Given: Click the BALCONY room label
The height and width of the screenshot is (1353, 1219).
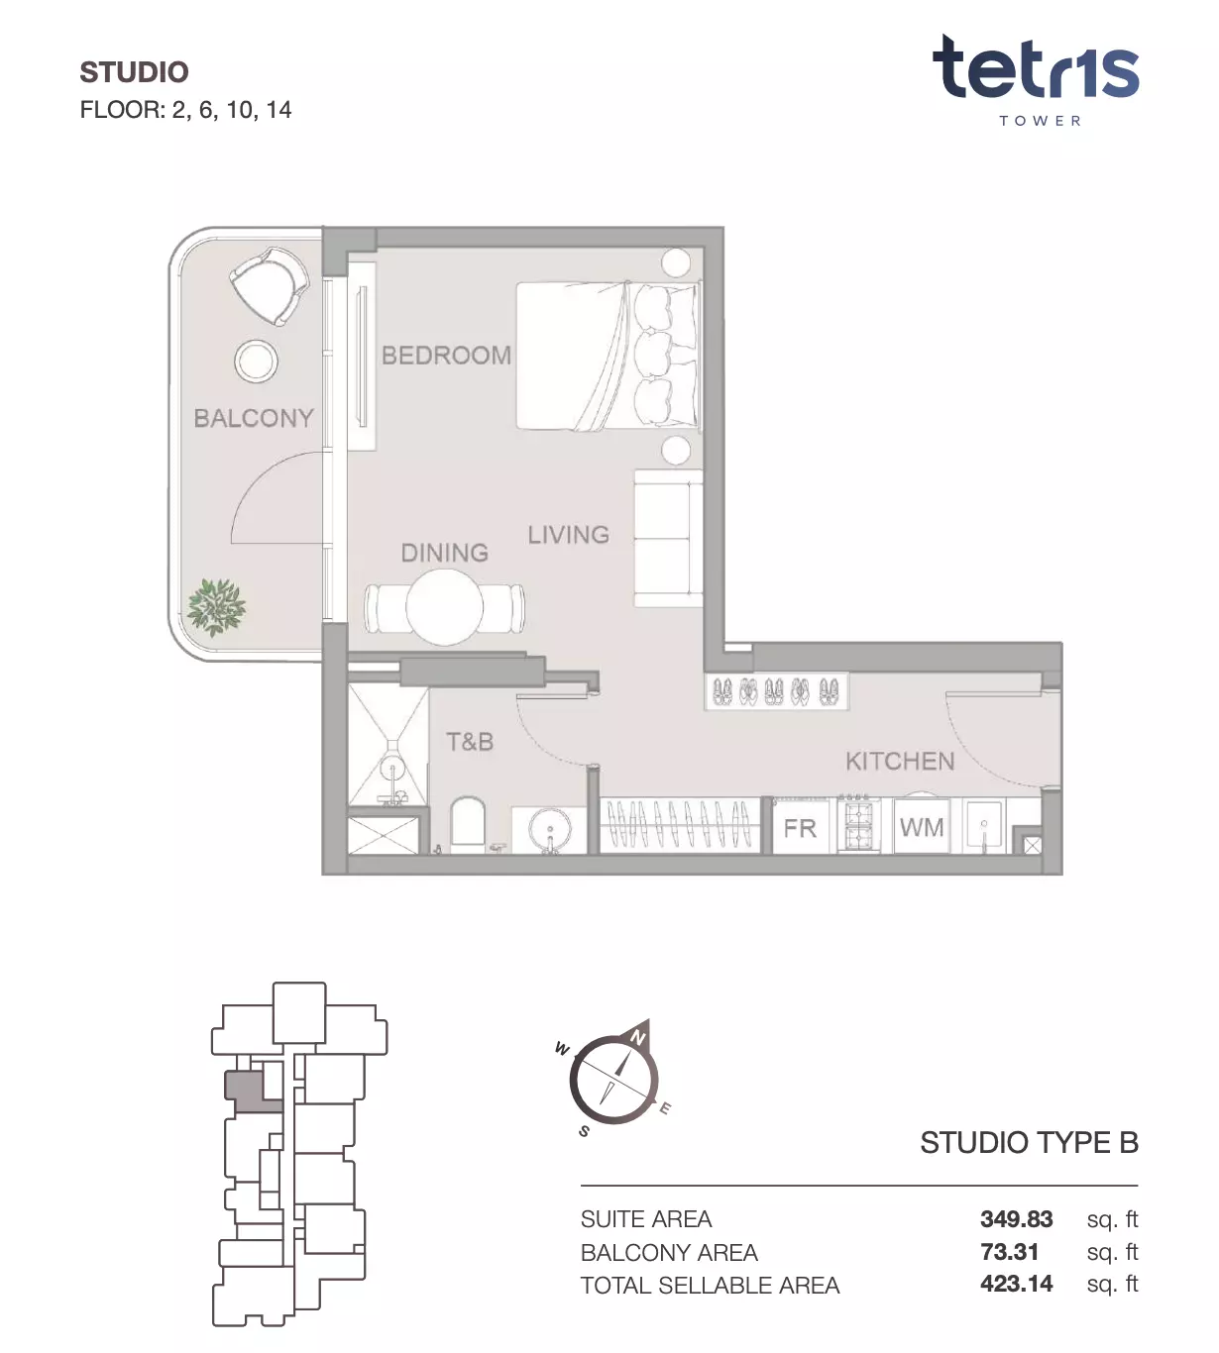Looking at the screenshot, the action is point(254,418).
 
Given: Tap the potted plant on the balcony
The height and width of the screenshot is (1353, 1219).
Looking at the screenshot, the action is point(217,606).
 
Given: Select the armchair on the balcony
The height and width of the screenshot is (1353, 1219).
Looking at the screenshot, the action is point(270,284).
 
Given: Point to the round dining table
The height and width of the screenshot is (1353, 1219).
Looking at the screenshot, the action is point(444,606).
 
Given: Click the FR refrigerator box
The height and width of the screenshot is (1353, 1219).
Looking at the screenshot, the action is point(801,828).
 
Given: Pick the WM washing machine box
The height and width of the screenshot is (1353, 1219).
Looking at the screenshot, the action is point(922,827).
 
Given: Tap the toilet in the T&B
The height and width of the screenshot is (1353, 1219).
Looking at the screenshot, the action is point(468,823).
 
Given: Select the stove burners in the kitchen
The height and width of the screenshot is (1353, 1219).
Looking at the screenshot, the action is point(859,824).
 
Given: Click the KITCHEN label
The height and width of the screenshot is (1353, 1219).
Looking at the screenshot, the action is point(901,762).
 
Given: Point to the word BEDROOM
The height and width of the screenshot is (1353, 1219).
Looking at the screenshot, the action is point(447,356).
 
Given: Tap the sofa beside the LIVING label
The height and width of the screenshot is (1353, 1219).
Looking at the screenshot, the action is point(668,538).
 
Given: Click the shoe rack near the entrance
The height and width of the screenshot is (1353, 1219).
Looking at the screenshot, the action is point(776,691).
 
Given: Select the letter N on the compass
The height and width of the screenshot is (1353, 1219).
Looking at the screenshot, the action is point(638,1037).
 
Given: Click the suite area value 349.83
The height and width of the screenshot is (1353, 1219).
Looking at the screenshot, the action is point(1017,1218).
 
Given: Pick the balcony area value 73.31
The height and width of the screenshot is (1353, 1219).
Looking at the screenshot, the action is point(1010,1251).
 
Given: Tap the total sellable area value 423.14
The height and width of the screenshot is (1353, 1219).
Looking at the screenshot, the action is point(1017,1283).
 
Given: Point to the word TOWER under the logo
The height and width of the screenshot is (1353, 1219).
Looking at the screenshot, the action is point(1041,121).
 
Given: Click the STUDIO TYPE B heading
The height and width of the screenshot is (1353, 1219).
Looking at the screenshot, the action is point(1030,1143).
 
